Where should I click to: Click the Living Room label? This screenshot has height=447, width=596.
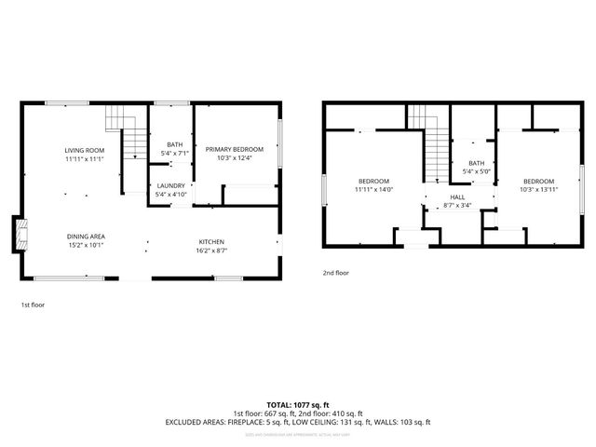point(84,151)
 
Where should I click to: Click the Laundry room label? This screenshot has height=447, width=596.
point(170,185)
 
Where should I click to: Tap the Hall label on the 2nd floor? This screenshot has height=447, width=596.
point(457,197)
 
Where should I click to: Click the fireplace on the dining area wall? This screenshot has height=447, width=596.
point(19,236)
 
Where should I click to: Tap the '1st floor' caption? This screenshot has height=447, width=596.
point(33,305)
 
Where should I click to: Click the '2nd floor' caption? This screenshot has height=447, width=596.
point(335,273)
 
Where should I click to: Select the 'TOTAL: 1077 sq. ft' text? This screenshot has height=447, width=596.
point(297,405)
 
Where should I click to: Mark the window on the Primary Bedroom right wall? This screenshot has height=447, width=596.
point(279,138)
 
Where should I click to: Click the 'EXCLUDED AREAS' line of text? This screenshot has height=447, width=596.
point(297,422)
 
